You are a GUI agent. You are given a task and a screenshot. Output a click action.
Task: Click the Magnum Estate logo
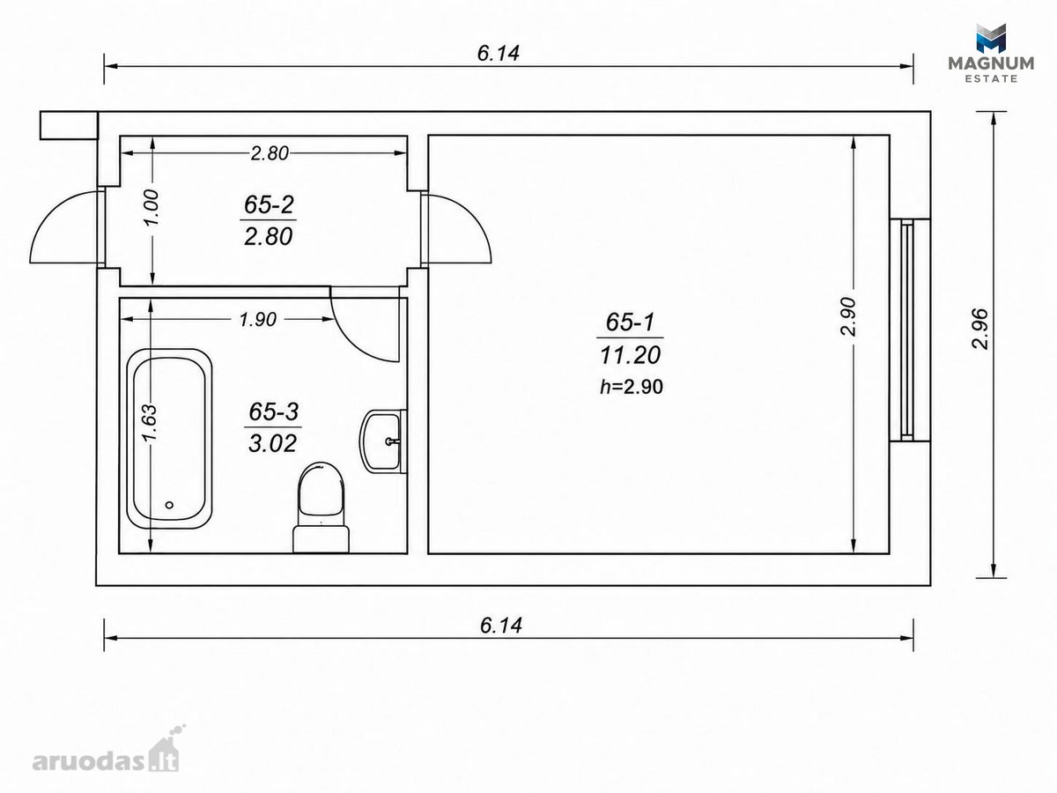[991, 53]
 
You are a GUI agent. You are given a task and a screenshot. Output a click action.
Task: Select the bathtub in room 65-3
[169, 439]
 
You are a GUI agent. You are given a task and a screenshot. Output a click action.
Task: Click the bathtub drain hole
[169, 505]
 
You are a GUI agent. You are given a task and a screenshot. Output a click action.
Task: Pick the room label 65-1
[630, 322]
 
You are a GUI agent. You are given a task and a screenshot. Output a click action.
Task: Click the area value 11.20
[630, 355]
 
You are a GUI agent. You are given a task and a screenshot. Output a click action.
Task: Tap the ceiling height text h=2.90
[632, 387]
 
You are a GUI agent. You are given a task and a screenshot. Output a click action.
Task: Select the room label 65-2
[269, 204]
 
